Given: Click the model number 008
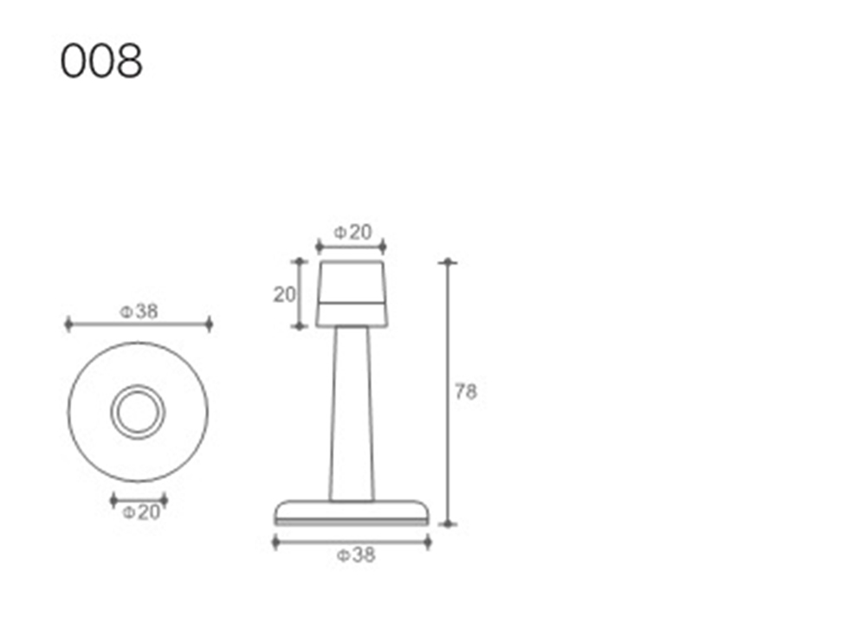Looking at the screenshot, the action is pos(101,61).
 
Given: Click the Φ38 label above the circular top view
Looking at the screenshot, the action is pos(139,312).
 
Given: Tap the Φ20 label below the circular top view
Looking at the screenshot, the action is pos(141,512).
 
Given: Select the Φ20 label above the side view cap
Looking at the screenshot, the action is pos(352,233).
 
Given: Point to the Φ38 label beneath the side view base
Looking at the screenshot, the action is pos(356,555).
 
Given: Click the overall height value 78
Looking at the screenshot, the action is pos(466,391).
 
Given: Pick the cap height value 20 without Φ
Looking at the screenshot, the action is pos(284,294).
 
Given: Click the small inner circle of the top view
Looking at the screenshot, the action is pos(138,411).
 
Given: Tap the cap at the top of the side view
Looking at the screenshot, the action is pos(352,294).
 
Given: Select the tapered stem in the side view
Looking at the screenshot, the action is pos(352,414).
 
